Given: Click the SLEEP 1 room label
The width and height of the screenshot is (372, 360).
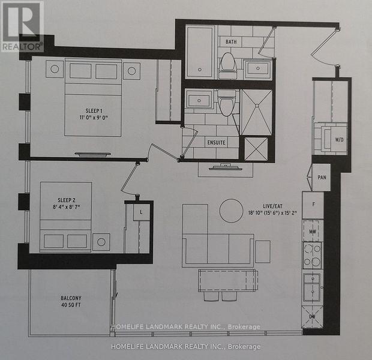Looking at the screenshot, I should coord(93,110).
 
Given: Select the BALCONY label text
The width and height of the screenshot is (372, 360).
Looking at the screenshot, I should coord(71,298).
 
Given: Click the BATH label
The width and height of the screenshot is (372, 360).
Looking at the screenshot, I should coord(232,42).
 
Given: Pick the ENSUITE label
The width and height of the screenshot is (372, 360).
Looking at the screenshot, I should coord(216,143).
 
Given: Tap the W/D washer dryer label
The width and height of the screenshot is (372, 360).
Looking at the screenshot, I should coord(340,140).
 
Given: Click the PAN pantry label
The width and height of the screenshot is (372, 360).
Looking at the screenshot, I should coord(321,177).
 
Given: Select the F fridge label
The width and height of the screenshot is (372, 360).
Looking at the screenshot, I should coord(313,205).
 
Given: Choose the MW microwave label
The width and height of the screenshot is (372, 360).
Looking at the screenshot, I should coord(313,230).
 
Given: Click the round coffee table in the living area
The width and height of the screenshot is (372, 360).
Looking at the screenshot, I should coord(231,211).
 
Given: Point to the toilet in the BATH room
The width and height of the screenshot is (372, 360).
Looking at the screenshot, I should coord(227,63).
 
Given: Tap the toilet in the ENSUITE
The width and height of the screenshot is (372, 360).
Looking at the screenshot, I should coord(226,104).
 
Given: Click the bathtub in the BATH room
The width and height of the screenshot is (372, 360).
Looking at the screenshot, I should coord(199,52).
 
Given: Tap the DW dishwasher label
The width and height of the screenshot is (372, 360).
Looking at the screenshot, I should coord(313,316).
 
